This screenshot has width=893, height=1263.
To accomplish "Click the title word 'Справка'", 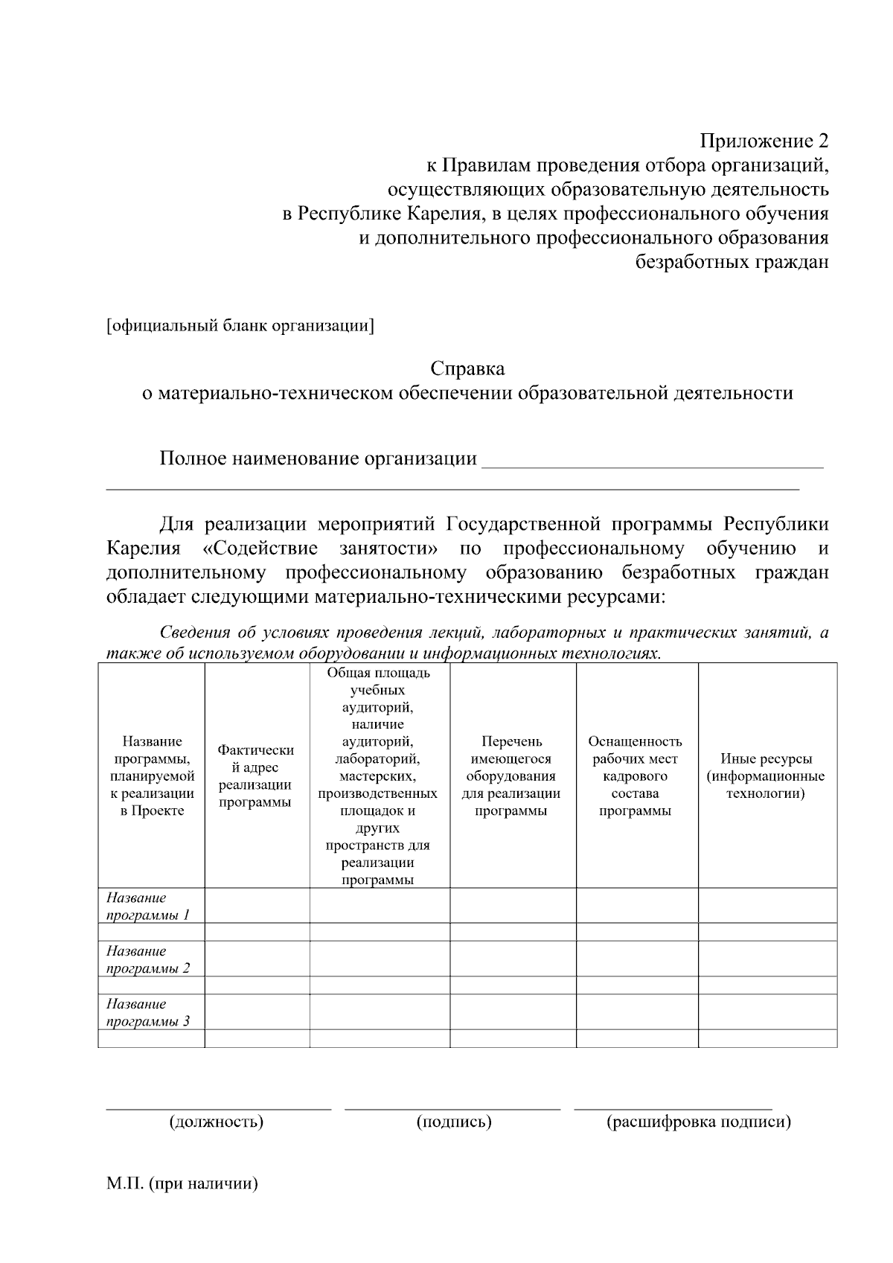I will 467,368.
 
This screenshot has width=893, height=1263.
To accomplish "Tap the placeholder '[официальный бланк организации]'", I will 240,326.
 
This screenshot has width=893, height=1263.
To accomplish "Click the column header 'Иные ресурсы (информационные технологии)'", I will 766,776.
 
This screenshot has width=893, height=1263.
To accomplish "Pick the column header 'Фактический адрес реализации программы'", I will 255,776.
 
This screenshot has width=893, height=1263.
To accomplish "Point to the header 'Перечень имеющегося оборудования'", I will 511,776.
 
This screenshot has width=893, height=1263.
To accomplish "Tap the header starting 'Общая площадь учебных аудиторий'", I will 378,776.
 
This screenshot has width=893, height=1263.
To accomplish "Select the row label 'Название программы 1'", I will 148,907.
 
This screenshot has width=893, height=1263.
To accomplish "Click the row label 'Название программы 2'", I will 148,960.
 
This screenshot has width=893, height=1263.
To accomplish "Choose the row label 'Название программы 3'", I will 148,1013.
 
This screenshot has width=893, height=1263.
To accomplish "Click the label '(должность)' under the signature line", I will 217,1122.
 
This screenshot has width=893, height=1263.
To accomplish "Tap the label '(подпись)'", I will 454,1122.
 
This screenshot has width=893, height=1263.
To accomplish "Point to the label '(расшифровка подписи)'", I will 699,1122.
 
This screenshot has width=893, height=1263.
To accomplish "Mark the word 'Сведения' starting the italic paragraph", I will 195,633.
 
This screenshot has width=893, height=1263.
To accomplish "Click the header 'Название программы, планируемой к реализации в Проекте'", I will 152,776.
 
